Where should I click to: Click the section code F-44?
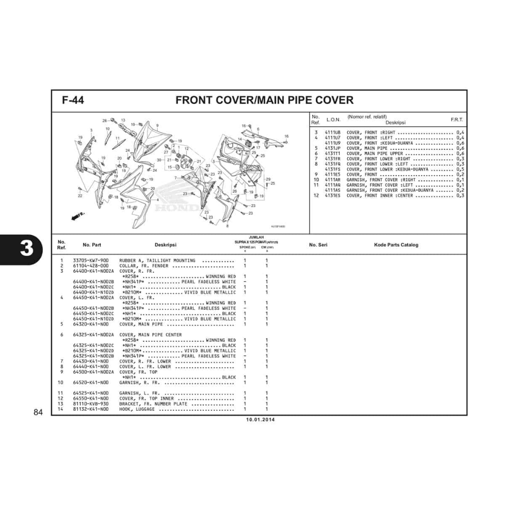73,100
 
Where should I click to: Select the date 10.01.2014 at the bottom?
260,420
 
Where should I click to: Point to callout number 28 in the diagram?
105,120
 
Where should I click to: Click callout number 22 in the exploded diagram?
80,196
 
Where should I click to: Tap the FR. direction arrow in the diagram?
78,216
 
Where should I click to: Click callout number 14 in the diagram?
240,140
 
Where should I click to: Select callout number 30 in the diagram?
159,160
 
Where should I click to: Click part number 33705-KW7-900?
91,260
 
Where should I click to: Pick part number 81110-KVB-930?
91,404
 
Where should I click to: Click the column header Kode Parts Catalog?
396,245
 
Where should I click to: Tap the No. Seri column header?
318,245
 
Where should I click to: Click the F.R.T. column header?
457,120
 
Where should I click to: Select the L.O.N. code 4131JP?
332,148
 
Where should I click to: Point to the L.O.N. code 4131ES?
332,196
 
